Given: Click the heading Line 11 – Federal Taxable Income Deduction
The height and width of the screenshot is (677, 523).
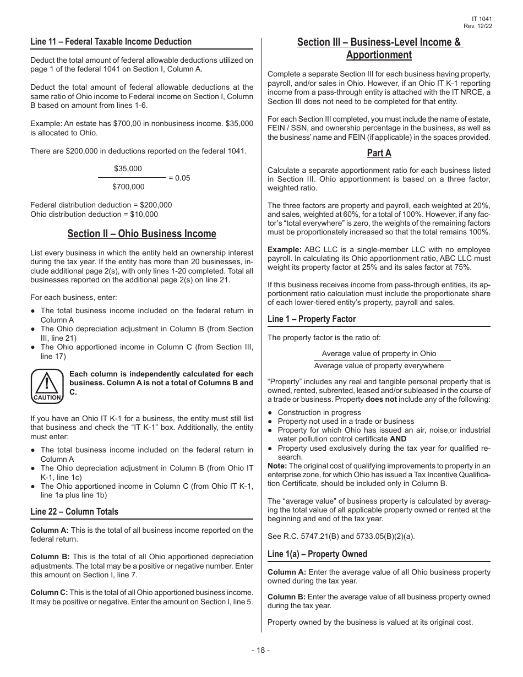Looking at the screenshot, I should [111, 42].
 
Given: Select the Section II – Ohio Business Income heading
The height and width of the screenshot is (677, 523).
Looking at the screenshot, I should [142, 234].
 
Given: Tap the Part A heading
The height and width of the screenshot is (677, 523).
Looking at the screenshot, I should [379, 153].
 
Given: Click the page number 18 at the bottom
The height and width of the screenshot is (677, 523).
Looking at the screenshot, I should [261, 650].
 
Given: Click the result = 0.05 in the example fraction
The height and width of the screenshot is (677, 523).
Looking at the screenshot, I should [179, 178].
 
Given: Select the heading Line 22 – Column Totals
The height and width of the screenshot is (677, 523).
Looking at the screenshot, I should [74, 512].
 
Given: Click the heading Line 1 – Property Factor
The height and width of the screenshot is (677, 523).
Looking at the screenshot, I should [312, 319].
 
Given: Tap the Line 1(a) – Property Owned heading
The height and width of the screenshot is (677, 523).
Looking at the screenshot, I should [317, 554].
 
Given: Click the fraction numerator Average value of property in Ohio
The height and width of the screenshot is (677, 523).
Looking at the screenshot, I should [379, 354].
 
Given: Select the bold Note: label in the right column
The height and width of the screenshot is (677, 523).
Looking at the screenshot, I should [277, 466].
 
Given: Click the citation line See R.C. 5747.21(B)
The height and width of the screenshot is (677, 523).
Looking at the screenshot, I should [322, 536].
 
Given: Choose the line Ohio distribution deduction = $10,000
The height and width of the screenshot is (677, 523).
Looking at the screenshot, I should [94, 214].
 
